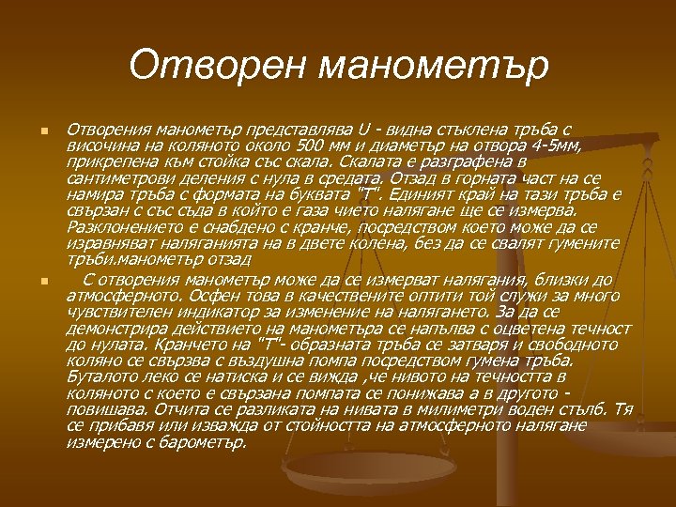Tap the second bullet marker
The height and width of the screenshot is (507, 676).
[x=32, y=281]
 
